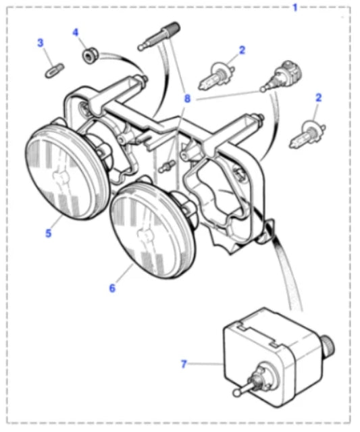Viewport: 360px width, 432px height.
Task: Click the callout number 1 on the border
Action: point(295,7)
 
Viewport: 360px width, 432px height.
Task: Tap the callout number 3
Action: point(41,43)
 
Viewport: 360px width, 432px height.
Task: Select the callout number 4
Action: point(75,32)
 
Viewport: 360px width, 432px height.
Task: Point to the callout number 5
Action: point(48,234)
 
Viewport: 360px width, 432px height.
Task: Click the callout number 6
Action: point(112,288)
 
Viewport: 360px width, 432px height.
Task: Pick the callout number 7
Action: point(184,364)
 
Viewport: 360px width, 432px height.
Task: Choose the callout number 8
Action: point(187,99)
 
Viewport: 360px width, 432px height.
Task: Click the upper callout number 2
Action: point(242,50)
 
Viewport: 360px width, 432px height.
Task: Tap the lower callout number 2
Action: point(318,97)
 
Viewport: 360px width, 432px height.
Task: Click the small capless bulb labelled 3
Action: point(54,70)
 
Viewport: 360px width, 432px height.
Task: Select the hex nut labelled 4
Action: point(90,55)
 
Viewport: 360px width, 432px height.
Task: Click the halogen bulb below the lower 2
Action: point(307,134)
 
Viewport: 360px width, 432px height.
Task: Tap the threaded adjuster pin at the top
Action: point(159,36)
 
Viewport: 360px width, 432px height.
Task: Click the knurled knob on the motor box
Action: point(328,344)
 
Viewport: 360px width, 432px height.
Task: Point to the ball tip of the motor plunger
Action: point(236,392)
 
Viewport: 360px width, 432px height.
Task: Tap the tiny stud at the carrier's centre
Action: point(166,166)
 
